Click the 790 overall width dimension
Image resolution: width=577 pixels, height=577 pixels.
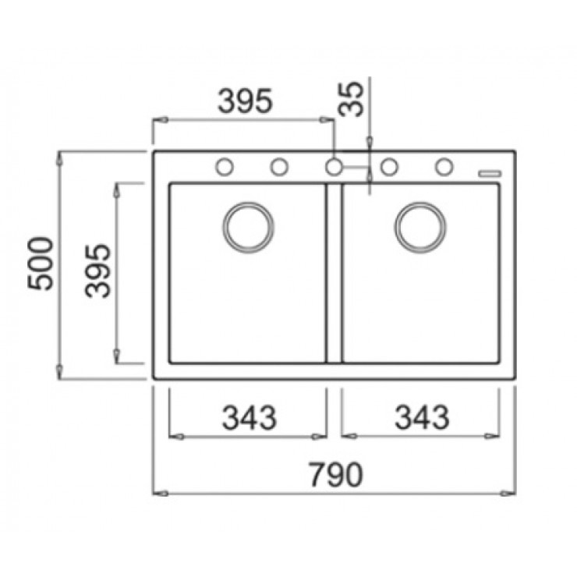[x=336, y=475]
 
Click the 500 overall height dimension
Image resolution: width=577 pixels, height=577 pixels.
[x=41, y=264]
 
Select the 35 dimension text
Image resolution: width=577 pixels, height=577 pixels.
[x=351, y=99]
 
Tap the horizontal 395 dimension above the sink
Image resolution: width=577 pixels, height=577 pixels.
[x=245, y=101]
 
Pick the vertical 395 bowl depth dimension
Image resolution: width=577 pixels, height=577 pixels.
[x=97, y=271]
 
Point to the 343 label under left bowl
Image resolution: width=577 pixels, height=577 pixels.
[x=250, y=417]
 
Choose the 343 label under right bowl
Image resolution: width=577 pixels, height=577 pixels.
[x=422, y=417]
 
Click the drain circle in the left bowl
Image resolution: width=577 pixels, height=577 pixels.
[x=249, y=228]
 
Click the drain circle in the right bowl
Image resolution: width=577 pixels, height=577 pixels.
[x=420, y=228]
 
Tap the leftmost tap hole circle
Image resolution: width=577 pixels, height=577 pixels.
[x=225, y=167]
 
